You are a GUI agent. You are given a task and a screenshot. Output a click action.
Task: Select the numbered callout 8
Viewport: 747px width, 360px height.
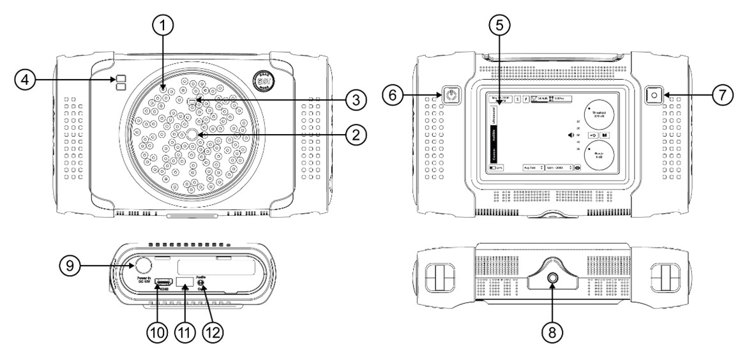coord(553,331)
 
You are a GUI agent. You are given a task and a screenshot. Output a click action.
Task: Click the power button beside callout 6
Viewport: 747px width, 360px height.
coord(452,96)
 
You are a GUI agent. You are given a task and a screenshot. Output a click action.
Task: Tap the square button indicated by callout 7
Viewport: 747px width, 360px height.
coord(653,96)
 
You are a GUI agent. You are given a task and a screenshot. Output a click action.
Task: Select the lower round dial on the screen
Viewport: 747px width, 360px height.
coord(599,156)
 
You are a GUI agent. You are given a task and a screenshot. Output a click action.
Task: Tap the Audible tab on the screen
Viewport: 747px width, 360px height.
coord(494,135)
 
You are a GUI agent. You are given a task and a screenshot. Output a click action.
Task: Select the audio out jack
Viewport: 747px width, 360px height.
coord(202,281)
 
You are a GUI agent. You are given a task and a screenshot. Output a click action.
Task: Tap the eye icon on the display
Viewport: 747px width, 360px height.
coord(577,167)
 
